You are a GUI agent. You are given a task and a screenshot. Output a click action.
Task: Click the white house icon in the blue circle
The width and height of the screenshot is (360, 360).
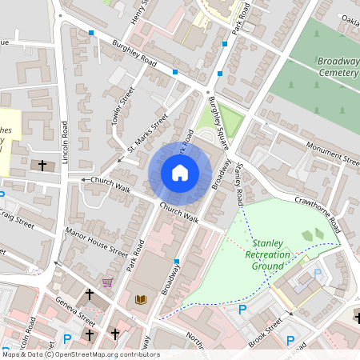tap(180, 172)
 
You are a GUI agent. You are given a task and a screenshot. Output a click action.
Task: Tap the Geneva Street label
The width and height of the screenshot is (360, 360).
tap(77, 308)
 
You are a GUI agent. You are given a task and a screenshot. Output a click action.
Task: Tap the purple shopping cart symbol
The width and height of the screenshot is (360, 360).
tap(108, 282)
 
